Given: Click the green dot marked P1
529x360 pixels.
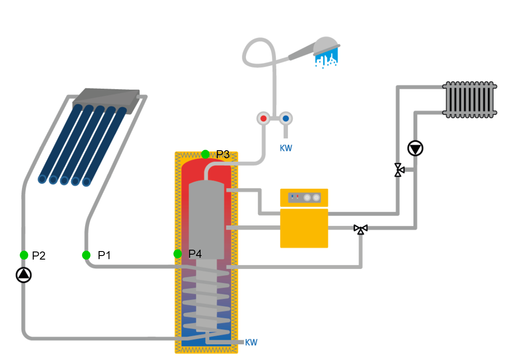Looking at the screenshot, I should (86, 255).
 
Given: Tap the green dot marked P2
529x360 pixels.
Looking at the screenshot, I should (24, 255).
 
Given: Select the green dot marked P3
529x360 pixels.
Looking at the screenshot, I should (205, 154).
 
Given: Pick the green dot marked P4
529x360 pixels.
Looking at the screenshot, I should (178, 254).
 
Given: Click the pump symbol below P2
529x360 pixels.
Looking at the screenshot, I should (24, 275).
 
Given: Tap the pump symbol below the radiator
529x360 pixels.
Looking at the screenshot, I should (415, 148).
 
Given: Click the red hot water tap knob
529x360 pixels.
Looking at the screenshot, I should (263, 119).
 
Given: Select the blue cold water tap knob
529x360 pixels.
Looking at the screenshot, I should (286, 119).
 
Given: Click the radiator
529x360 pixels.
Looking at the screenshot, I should (469, 100).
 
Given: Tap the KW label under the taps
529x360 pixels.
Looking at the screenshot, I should (286, 148).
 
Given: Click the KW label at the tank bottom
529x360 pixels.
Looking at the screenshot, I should (251, 343).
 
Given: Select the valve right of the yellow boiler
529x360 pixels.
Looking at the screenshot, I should (361, 229).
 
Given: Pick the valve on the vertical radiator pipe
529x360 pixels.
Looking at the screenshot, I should (398, 170).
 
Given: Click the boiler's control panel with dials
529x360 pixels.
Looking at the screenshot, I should (304, 197).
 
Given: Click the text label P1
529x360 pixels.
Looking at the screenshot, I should (104, 256).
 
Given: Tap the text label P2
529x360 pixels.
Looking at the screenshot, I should (39, 256).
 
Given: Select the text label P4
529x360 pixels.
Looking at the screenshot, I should (195, 254).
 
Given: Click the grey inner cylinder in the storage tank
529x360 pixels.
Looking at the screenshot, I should (206, 220).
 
